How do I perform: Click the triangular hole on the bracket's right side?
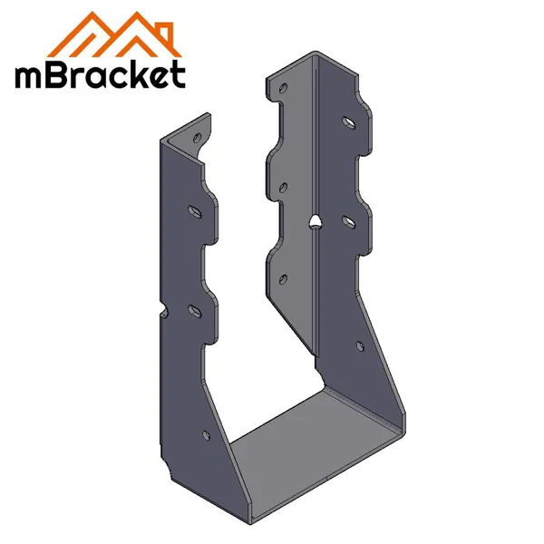pos(313,221)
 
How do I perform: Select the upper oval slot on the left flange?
pos(194,210)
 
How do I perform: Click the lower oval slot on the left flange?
pos(193,310)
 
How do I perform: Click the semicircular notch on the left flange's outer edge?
pos(164,314)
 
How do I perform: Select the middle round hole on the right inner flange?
pos(283,188)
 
